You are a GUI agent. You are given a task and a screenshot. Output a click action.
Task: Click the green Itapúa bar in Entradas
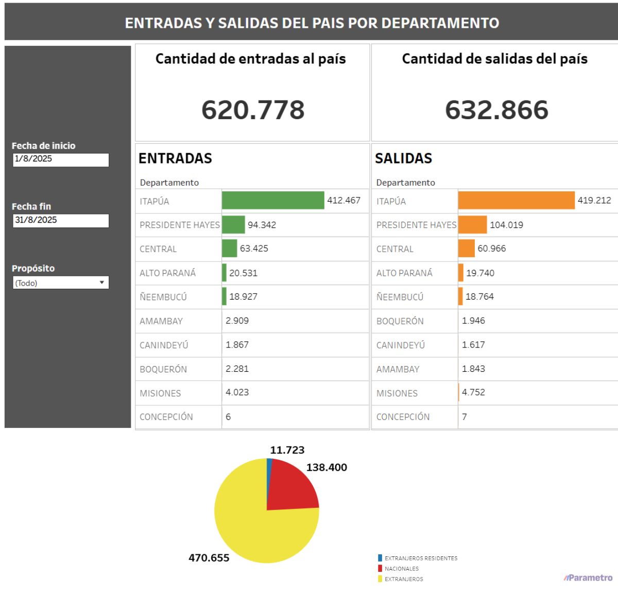(273, 201)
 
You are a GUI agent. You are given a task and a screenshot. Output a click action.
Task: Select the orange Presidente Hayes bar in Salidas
(472, 225)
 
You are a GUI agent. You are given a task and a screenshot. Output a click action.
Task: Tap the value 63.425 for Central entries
(254, 249)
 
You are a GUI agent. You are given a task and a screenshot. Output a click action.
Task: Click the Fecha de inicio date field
(61, 159)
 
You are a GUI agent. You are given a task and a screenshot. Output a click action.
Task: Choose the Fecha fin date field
(61, 220)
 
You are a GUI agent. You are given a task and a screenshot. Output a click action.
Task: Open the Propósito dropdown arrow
(102, 283)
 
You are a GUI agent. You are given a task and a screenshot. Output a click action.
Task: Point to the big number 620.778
(253, 110)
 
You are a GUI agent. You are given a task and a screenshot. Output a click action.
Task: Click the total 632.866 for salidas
(496, 110)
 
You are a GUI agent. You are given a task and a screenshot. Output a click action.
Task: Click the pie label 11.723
(287, 450)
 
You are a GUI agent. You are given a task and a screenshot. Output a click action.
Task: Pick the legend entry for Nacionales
(401, 569)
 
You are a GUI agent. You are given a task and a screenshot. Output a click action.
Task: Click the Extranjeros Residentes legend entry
(420, 558)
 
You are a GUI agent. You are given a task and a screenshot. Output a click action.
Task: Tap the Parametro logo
(588, 578)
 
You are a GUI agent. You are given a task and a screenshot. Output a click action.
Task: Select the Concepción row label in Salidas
(403, 417)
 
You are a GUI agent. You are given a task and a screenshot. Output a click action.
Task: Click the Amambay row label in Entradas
(161, 321)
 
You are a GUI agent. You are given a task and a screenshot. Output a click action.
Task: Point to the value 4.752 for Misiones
(473, 392)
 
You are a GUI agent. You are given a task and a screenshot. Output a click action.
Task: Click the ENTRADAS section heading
(175, 158)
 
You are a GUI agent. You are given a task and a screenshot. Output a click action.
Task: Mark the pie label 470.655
(209, 558)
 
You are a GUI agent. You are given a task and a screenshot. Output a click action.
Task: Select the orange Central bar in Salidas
(467, 249)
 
